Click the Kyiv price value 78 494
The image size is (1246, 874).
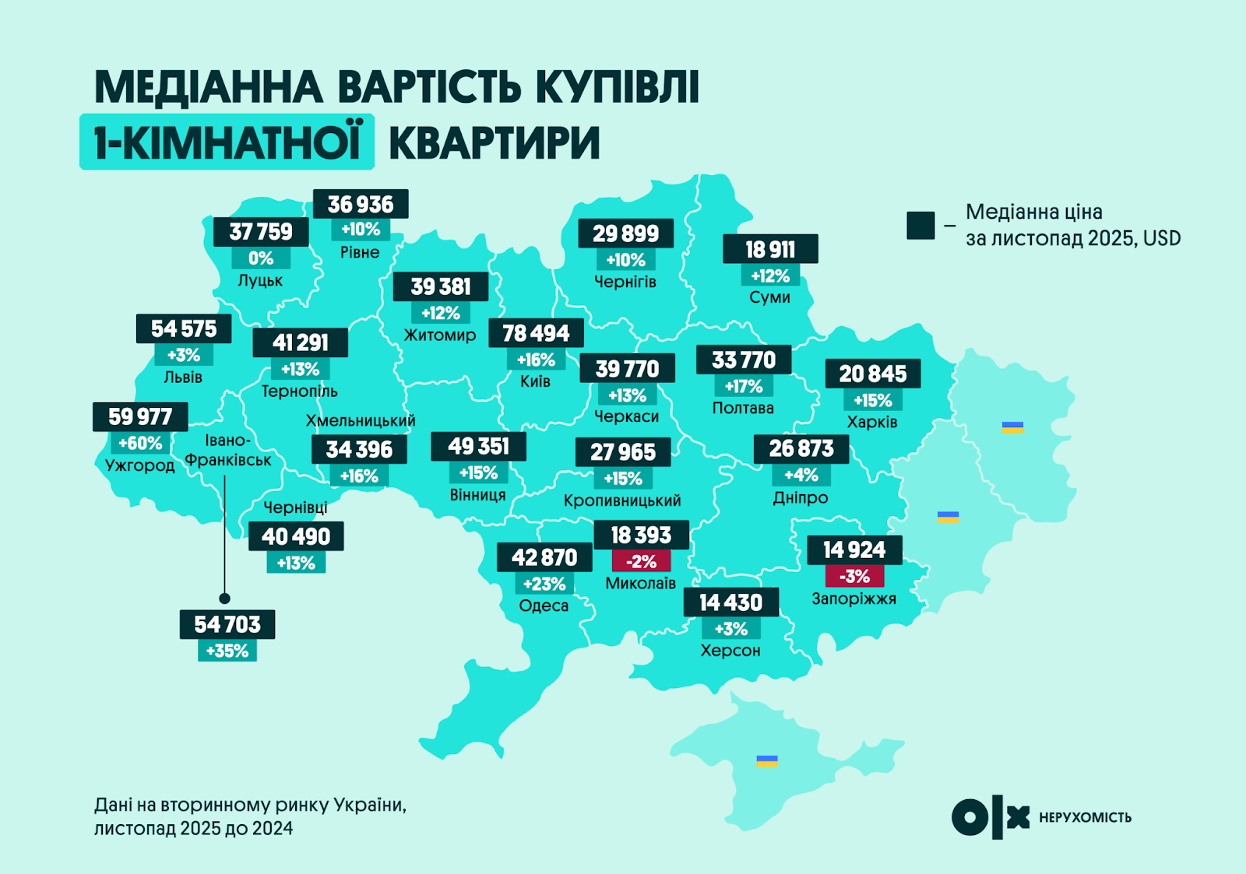(x=536, y=333)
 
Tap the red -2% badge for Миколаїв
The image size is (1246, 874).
(x=641, y=561)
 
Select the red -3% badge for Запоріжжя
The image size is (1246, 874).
(x=854, y=576)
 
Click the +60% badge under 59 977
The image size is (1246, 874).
(x=140, y=444)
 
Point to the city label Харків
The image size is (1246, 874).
(x=872, y=422)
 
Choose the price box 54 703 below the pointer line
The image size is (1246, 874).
(x=227, y=624)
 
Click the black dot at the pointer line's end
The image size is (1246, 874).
(x=225, y=598)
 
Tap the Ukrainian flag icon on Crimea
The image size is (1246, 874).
(x=767, y=760)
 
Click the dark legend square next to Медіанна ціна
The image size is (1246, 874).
(x=920, y=225)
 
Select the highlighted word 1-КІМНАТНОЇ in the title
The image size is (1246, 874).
(x=227, y=142)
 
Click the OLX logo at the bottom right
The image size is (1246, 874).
(x=990, y=818)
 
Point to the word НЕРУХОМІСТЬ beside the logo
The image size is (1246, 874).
(x=1085, y=817)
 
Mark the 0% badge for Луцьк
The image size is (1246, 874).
(x=261, y=258)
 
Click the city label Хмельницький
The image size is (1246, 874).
(x=361, y=420)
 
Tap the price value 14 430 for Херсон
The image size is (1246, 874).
(x=730, y=602)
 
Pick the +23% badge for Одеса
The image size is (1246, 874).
(x=544, y=584)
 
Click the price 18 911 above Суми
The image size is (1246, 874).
(x=770, y=249)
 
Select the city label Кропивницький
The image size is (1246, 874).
(x=622, y=500)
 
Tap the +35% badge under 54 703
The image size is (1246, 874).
(x=227, y=651)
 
